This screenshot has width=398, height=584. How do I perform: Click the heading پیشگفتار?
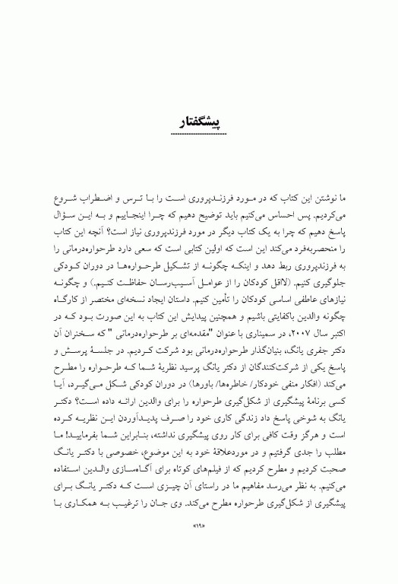[x=201, y=121]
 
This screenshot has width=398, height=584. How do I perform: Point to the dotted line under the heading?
[x=201, y=135]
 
